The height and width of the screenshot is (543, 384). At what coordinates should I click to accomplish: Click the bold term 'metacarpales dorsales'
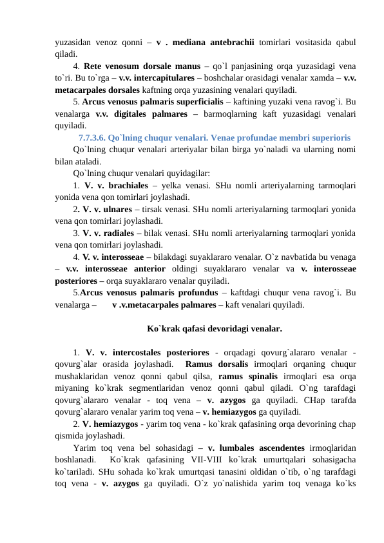pos(95,90)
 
